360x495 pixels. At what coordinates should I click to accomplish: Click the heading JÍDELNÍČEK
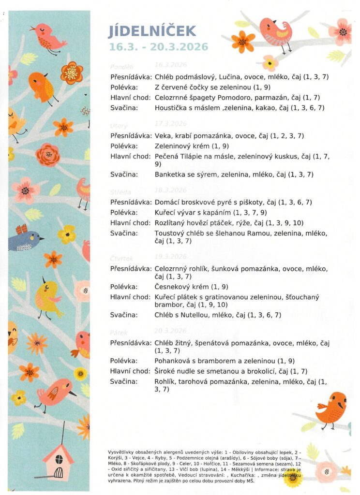pyautogui.click(x=152, y=31)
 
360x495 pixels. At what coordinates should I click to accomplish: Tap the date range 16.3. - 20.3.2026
pyautogui.click(x=158, y=47)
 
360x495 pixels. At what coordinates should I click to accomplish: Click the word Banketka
pyautogui.click(x=170, y=174)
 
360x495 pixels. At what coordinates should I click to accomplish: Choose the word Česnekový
pyautogui.click(x=174, y=287)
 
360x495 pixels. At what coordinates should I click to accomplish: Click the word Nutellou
pyautogui.click(x=194, y=315)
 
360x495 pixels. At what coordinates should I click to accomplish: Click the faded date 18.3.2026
pyautogui.click(x=170, y=190)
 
